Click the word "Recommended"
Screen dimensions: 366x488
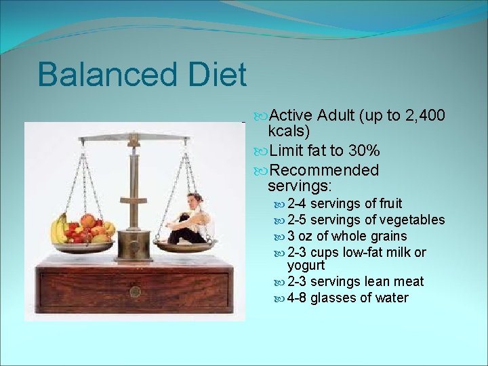coord(323,169)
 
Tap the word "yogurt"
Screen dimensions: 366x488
coord(306,265)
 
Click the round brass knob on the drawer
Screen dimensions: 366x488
coord(135,291)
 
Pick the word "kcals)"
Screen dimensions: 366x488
coord(289,131)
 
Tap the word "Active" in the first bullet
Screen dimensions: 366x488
coord(291,115)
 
